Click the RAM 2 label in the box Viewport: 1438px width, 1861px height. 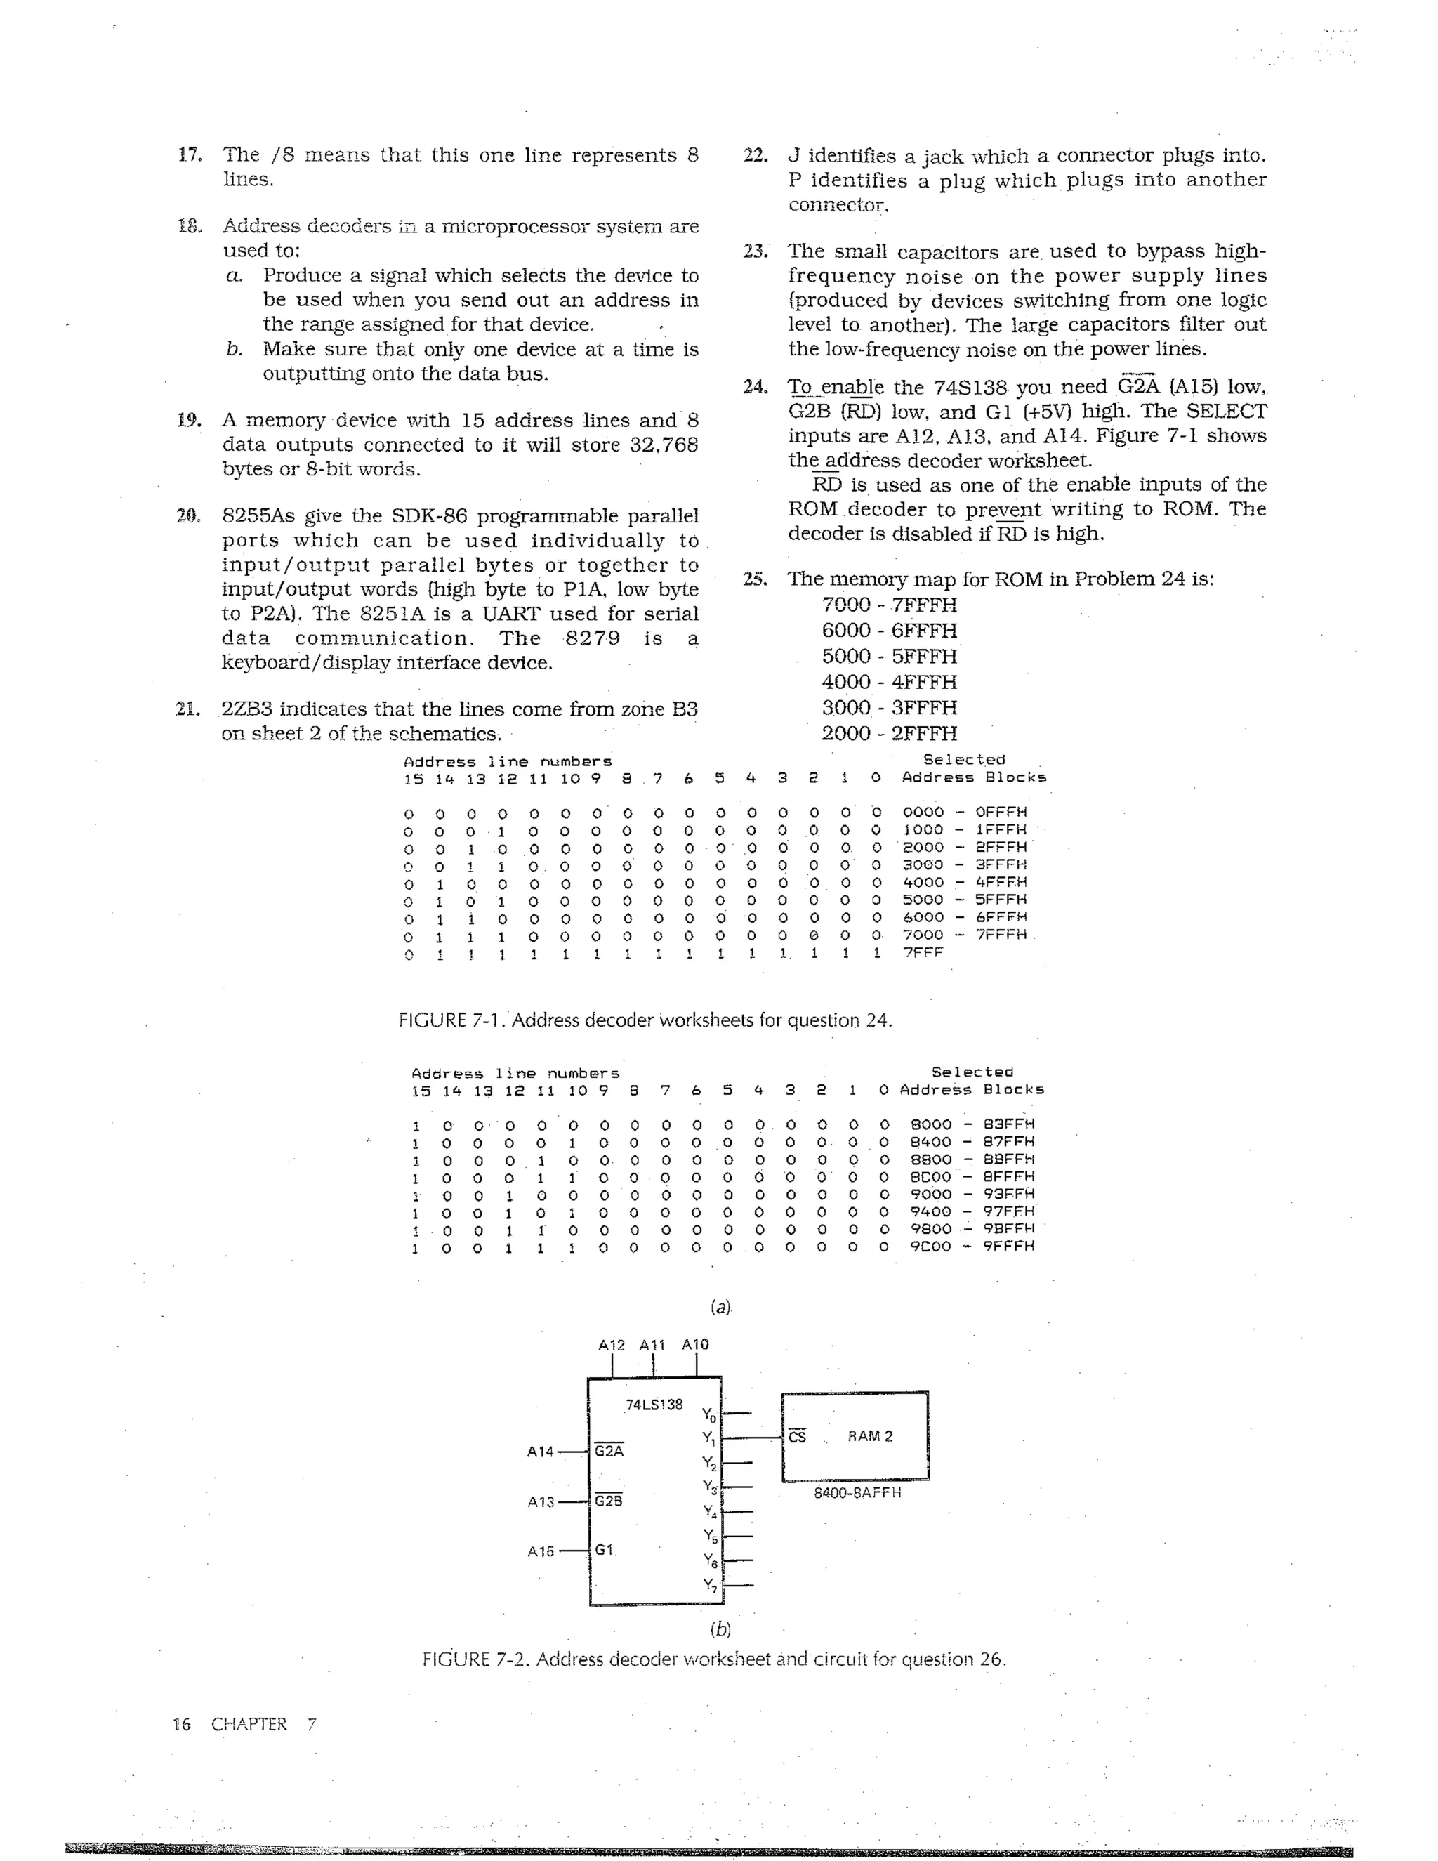(x=870, y=1436)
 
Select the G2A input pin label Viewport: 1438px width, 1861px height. (x=608, y=1450)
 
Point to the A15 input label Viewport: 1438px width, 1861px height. (x=540, y=1551)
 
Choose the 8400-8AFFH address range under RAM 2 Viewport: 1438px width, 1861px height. (x=857, y=1493)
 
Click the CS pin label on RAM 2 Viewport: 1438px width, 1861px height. (x=796, y=1437)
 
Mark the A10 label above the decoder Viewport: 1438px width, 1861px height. (x=695, y=1345)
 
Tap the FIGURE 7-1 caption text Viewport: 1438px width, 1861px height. (x=645, y=1020)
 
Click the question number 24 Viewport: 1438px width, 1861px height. (x=755, y=387)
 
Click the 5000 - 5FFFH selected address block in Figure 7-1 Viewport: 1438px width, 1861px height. (x=964, y=899)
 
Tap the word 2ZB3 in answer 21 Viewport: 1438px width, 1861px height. (x=247, y=709)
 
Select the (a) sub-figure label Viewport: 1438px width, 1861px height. (x=720, y=1306)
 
